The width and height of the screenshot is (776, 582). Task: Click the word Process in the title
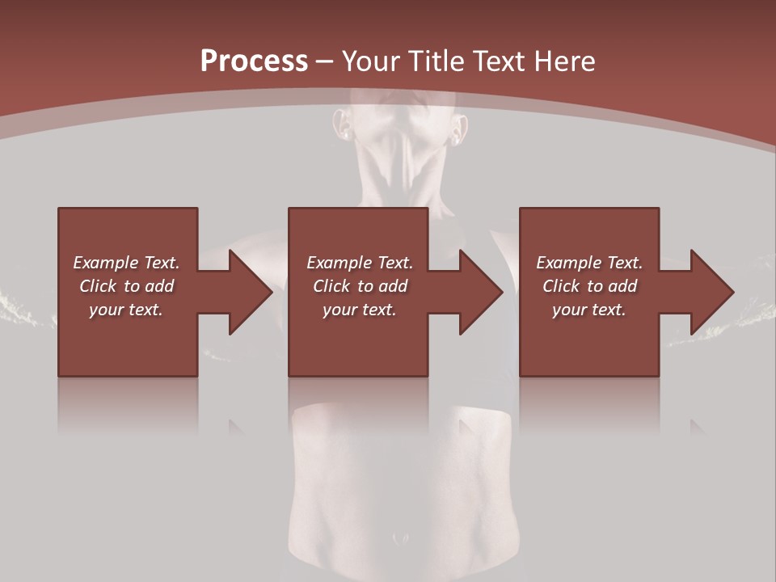click(x=254, y=61)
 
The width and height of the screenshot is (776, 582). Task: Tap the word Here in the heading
click(x=563, y=61)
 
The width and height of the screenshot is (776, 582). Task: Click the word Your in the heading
click(x=371, y=61)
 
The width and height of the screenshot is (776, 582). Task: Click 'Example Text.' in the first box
click(x=126, y=263)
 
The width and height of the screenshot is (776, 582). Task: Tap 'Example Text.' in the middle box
click(x=360, y=263)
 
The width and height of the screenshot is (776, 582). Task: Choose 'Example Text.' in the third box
click(x=589, y=263)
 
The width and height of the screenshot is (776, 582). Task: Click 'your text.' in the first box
click(x=126, y=310)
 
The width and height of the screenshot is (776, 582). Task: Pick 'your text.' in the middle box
click(x=360, y=310)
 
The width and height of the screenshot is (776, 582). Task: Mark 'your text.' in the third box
click(x=589, y=310)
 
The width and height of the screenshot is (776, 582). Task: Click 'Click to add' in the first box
click(x=126, y=286)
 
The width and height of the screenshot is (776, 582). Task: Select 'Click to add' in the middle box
click(x=360, y=286)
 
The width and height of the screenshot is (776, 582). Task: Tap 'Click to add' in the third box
click(x=589, y=286)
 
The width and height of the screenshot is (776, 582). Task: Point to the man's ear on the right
click(x=460, y=129)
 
